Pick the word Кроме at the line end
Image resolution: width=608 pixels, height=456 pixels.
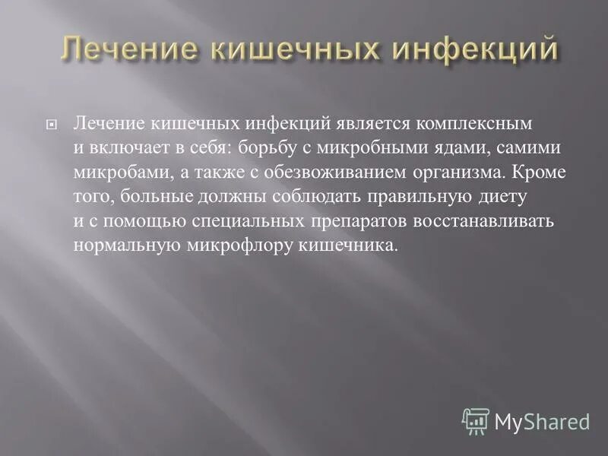coord(539,172)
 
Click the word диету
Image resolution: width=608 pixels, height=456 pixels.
coord(502,197)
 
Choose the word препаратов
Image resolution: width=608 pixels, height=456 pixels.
coord(359,221)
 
